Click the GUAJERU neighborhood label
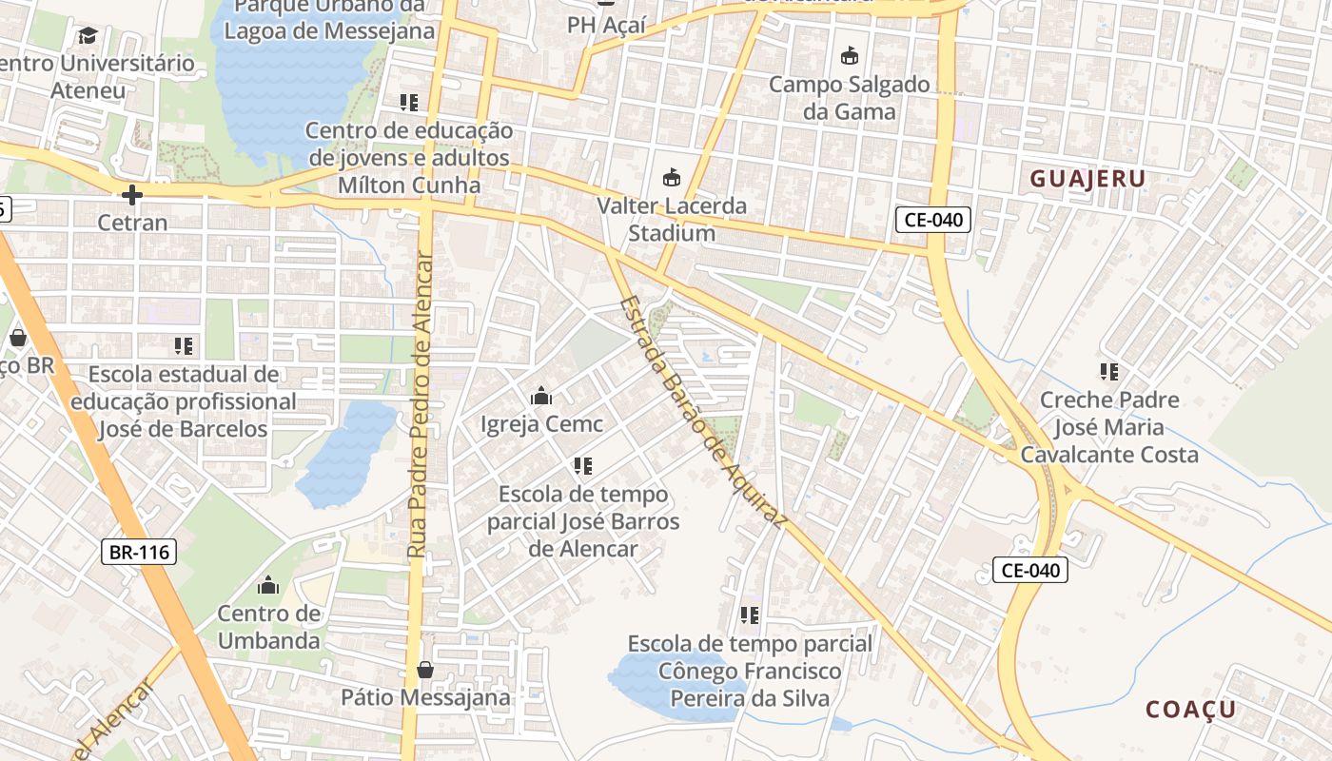pyautogui.click(x=1087, y=179)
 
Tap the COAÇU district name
pyautogui.click(x=1190, y=710)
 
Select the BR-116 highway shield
pyautogui.click(x=139, y=551)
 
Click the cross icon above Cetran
pyautogui.click(x=132, y=196)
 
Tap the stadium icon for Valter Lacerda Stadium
pyautogui.click(x=672, y=178)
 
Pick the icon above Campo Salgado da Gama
pyautogui.click(x=849, y=56)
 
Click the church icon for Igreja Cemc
pyautogui.click(x=541, y=396)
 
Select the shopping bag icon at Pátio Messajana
pyautogui.click(x=425, y=670)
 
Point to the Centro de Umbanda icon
pyautogui.click(x=268, y=584)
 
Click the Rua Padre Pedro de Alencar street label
pyautogui.click(x=420, y=406)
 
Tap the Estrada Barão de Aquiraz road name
pyautogui.click(x=703, y=412)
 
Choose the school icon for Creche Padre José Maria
pyautogui.click(x=1108, y=372)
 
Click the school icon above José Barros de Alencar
pyautogui.click(x=583, y=466)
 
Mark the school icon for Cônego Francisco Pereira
pyautogui.click(x=750, y=615)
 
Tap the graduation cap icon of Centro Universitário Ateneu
pyautogui.click(x=88, y=36)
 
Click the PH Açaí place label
pyautogui.click(x=606, y=26)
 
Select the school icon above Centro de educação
pyautogui.click(x=409, y=103)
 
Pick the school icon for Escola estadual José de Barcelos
pyautogui.click(x=184, y=346)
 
